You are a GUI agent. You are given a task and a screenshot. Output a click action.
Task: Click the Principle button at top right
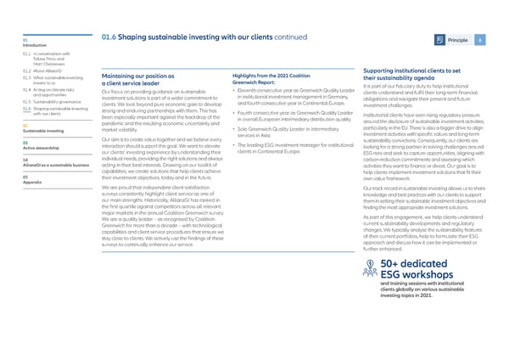pyautogui.click(x=450, y=40)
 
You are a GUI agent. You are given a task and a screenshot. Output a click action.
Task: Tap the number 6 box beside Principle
pyautogui.click(x=480, y=40)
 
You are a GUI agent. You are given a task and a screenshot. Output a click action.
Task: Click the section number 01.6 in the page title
pyautogui.click(x=109, y=37)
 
